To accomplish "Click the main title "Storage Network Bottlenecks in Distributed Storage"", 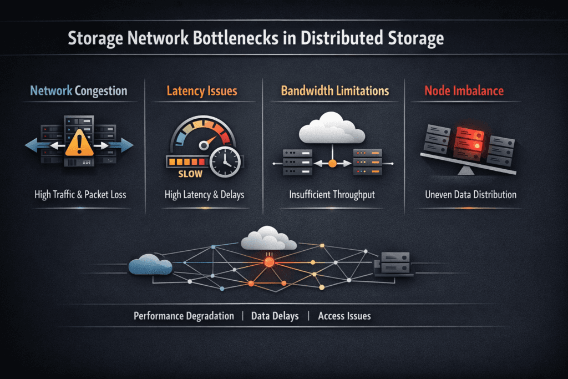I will (x=255, y=39).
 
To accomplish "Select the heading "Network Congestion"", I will (x=79, y=90).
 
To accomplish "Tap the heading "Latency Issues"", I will (x=202, y=90).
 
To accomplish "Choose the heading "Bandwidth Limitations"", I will (x=334, y=90).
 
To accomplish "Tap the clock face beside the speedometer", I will (x=225, y=161).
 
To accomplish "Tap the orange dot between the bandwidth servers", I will (x=332, y=163).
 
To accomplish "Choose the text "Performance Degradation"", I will (x=184, y=316).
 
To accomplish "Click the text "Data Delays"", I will (x=275, y=316).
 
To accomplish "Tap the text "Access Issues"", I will (x=344, y=316).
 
